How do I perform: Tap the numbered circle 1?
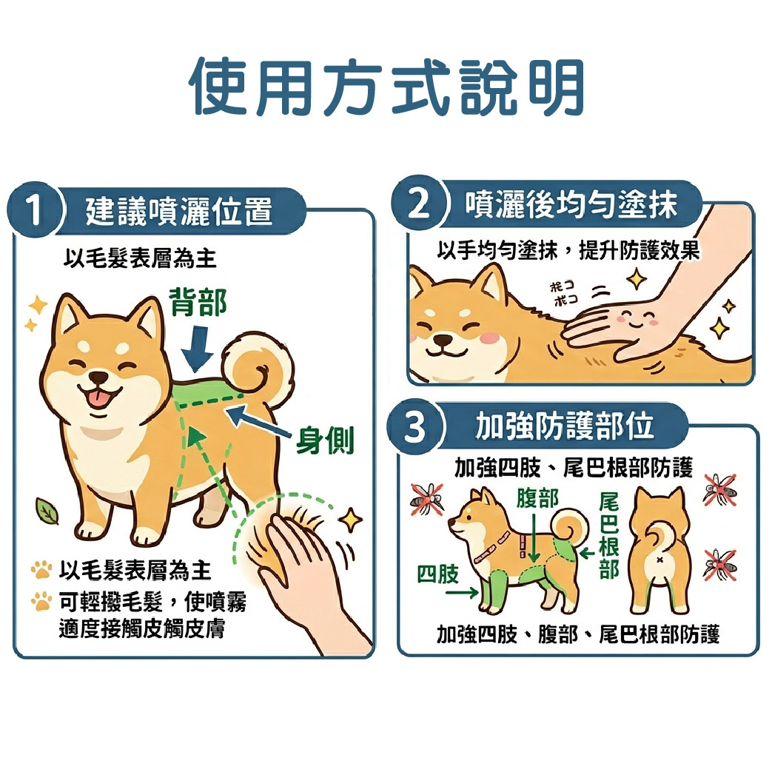point(34,210)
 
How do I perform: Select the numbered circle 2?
point(418,204)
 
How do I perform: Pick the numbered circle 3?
point(415,426)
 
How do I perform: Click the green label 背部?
point(198,302)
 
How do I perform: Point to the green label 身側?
point(325,440)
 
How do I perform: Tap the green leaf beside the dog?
point(47,511)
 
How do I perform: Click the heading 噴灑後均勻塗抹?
point(571,204)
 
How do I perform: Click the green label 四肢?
point(437,574)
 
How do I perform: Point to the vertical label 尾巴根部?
point(608,536)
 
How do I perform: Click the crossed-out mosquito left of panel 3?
point(427,499)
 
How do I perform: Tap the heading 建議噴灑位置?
point(179,211)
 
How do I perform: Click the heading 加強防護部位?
point(564,426)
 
